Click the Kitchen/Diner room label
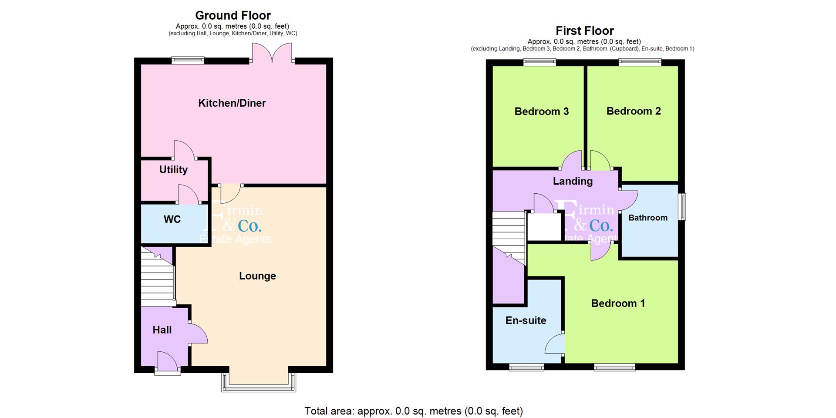point(232,103)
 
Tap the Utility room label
point(173,170)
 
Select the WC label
point(172,219)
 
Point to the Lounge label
point(257,276)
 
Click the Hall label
point(162,330)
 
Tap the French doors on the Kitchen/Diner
point(272,54)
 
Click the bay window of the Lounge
point(259,383)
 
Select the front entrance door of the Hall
point(168,364)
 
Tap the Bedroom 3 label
point(541,111)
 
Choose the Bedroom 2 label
point(633,111)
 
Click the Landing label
point(573,181)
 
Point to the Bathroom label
point(647,218)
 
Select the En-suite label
point(526,320)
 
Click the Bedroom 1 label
point(617,303)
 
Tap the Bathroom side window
point(683,207)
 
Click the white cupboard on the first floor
point(544,227)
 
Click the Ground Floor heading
point(233,15)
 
